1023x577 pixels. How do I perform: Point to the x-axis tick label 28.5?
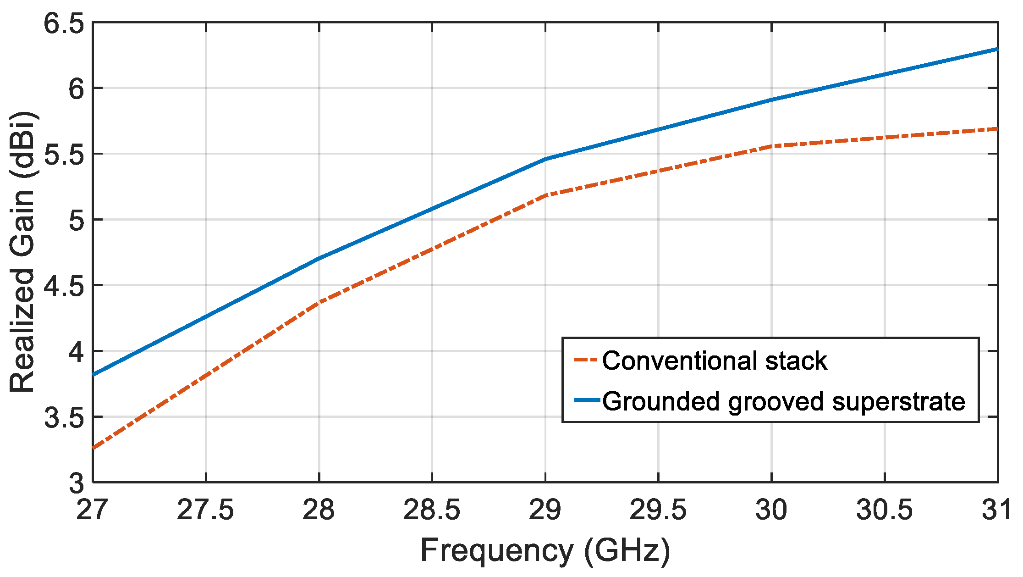pyautogui.click(x=431, y=510)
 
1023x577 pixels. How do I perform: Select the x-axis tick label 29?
pyautogui.click(x=545, y=510)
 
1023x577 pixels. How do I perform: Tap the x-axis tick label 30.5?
pyautogui.click(x=884, y=510)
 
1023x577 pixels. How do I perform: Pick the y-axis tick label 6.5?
pyautogui.click(x=64, y=23)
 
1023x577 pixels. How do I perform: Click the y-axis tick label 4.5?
pyautogui.click(x=64, y=286)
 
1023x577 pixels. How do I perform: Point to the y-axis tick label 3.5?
pyautogui.click(x=64, y=417)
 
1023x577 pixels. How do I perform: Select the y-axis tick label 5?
pyautogui.click(x=76, y=220)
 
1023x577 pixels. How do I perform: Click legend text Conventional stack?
pyautogui.click(x=714, y=361)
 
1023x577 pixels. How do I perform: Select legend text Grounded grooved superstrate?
pyautogui.click(x=784, y=401)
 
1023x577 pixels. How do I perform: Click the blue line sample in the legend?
pyautogui.click(x=587, y=400)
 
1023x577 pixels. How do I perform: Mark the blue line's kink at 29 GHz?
pyautogui.click(x=545, y=159)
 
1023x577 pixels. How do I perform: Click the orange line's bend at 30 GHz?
pyautogui.click(x=772, y=146)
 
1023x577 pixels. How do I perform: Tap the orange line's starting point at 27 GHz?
pyautogui.click(x=93, y=448)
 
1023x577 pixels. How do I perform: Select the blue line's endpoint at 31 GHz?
pyautogui.click(x=997, y=49)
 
